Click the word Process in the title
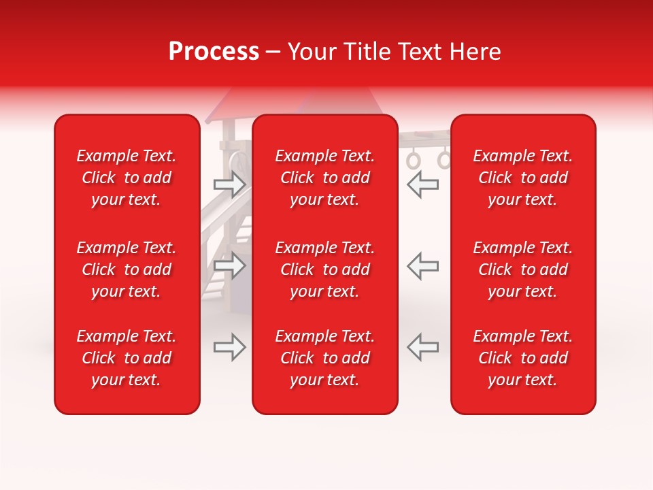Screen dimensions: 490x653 pos(214,52)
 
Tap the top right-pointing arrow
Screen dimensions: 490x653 pos(230,184)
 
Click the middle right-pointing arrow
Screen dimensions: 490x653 pos(230,265)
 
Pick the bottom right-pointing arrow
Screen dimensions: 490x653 pos(230,347)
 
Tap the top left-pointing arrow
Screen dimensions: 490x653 pos(422,184)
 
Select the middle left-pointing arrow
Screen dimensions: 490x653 pos(422,265)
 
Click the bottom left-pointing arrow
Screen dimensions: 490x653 pos(422,347)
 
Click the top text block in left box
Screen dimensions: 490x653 pos(127,178)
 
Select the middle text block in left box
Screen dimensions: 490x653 pos(127,269)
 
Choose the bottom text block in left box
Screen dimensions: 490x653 pos(127,358)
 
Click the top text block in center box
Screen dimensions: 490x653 pos(325,178)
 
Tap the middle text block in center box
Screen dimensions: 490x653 pos(325,269)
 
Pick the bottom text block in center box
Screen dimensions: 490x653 pos(325,358)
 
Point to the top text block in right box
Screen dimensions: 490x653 pos(523,178)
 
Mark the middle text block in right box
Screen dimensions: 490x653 pos(523,269)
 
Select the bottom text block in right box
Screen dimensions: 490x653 pos(523,358)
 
